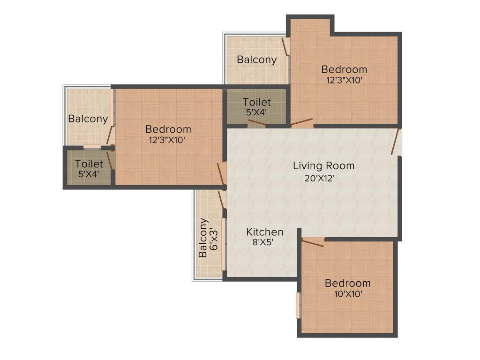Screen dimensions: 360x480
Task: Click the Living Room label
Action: point(323,165)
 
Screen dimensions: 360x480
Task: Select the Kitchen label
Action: point(265,232)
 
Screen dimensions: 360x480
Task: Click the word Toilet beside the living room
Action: point(256,102)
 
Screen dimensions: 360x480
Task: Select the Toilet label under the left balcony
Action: point(89,164)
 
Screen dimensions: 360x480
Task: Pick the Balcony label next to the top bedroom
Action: point(256,60)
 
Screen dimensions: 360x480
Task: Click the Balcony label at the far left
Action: point(88,119)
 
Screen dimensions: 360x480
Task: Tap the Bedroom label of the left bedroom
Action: point(168,129)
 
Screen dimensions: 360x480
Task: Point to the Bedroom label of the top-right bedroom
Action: point(344,69)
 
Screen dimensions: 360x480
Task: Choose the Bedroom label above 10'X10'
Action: point(347,283)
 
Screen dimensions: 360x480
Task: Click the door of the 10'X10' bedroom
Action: point(312,242)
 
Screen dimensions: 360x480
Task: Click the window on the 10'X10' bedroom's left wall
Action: point(298,305)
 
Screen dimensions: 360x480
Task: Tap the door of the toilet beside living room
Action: point(256,123)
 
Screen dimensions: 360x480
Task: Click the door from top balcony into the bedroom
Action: point(285,47)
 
